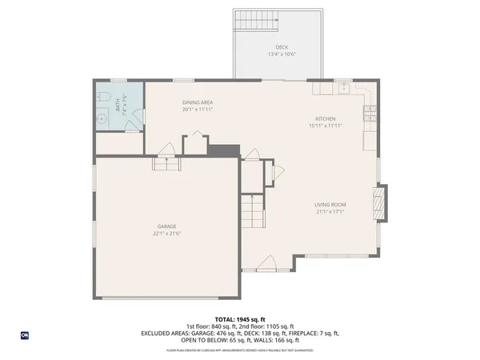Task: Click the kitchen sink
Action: click(x=344, y=88)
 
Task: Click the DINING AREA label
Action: click(x=196, y=102)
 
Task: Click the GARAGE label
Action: click(x=166, y=226)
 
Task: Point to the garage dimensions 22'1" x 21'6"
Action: click(x=166, y=234)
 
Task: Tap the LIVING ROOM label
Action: click(x=330, y=205)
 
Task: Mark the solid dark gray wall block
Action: click(x=225, y=150)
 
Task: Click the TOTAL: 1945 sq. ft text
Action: click(x=240, y=319)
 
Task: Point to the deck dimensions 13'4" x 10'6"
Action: click(x=282, y=54)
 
